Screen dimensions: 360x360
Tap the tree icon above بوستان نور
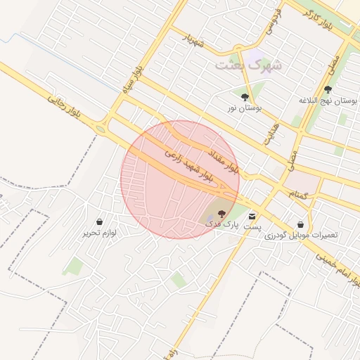245,98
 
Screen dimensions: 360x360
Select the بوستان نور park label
244,109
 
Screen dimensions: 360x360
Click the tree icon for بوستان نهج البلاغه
328,89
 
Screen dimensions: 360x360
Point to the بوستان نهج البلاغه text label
328,101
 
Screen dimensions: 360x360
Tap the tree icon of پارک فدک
221,212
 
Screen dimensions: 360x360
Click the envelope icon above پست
252,215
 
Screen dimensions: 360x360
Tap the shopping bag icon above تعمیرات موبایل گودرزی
301,224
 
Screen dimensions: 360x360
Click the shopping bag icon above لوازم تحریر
99,221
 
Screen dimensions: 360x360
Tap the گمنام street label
298,193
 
